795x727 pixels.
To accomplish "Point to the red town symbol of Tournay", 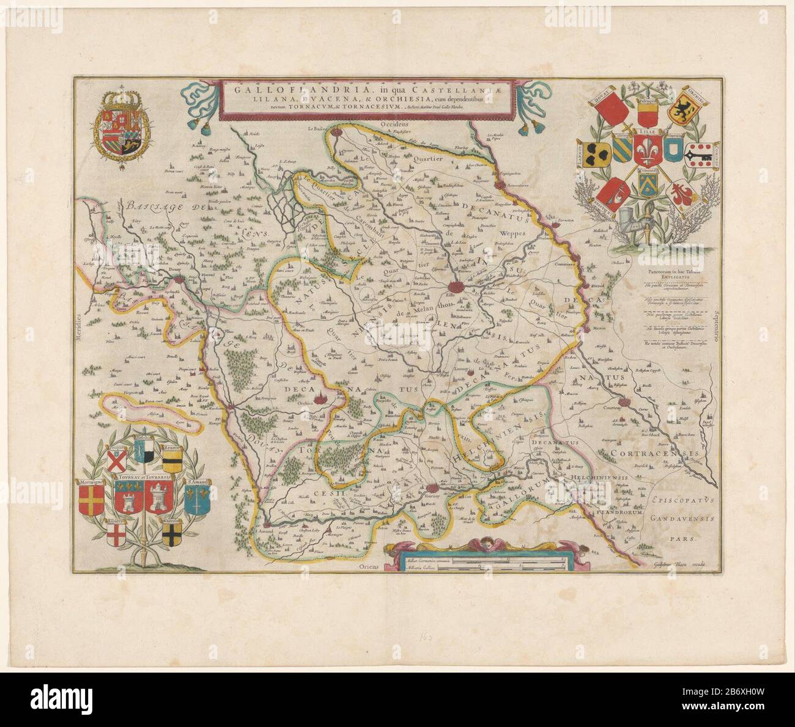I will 433,488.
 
